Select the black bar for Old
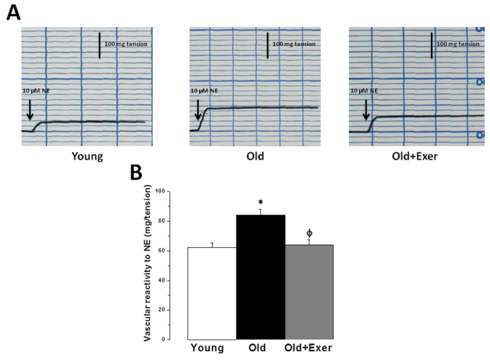coord(260,277)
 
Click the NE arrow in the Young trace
coord(29,110)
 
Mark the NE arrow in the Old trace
coord(197,110)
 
